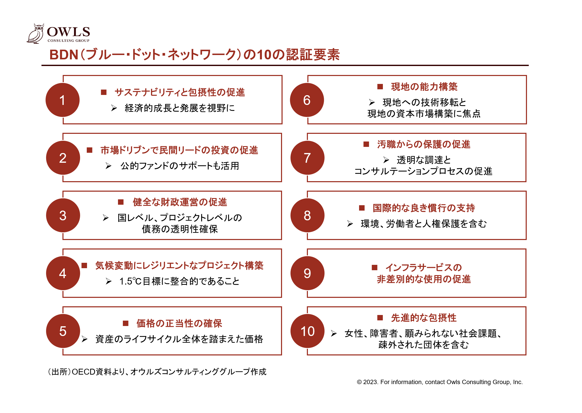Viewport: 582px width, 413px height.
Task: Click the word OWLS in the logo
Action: (69, 32)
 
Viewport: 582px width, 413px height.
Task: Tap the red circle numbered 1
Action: (62, 100)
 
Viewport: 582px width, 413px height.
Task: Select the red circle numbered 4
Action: (63, 273)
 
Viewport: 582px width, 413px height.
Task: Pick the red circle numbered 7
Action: (307, 158)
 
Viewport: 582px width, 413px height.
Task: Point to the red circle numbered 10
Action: (307, 331)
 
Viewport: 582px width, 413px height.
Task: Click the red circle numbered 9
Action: (307, 273)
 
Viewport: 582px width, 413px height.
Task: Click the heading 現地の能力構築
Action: (424, 87)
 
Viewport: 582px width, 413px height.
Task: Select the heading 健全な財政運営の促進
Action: (180, 202)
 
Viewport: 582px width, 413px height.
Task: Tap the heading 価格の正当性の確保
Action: (179, 323)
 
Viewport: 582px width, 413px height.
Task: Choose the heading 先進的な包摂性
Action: (424, 318)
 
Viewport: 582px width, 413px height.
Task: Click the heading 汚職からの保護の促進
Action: (424, 144)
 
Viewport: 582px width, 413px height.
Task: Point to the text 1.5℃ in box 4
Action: (131, 281)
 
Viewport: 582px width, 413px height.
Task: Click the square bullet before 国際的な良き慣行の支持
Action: (362, 208)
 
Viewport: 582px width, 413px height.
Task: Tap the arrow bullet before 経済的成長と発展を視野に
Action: (114, 108)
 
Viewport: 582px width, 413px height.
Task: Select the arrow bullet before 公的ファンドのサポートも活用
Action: (108, 166)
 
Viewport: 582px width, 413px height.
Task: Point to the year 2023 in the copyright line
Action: (370, 382)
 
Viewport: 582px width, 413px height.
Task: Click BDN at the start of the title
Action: (64, 55)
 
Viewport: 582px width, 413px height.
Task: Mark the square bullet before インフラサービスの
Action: (374, 267)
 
